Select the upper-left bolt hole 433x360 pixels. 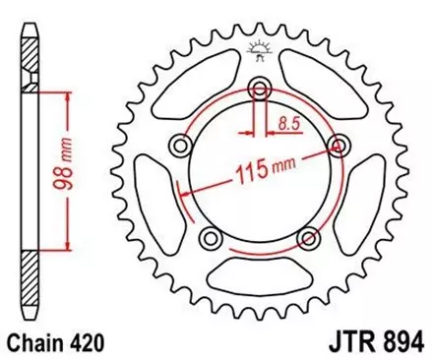180,147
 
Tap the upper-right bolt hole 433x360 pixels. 340,147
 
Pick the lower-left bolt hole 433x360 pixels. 210,238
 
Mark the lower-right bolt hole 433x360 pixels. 308,238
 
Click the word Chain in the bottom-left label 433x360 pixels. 37,343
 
